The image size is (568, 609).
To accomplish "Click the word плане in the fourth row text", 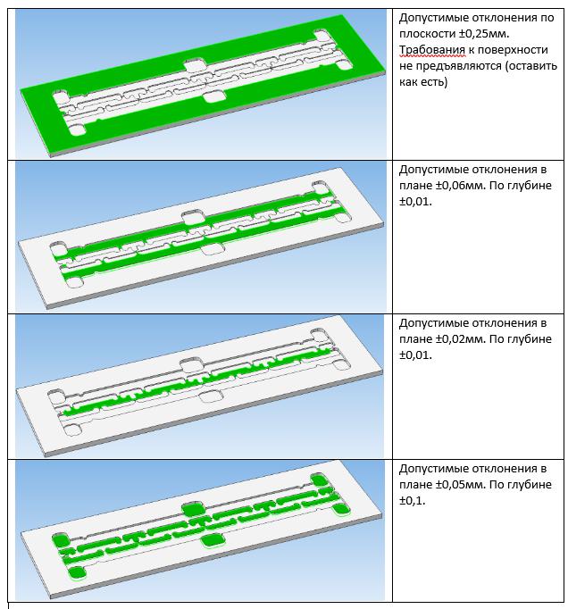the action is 415,485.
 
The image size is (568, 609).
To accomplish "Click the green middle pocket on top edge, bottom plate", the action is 193,509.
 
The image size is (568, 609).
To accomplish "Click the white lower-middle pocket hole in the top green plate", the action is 214,96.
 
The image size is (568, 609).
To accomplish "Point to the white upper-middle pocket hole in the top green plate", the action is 194,65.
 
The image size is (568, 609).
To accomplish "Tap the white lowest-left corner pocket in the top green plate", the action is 77,129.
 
